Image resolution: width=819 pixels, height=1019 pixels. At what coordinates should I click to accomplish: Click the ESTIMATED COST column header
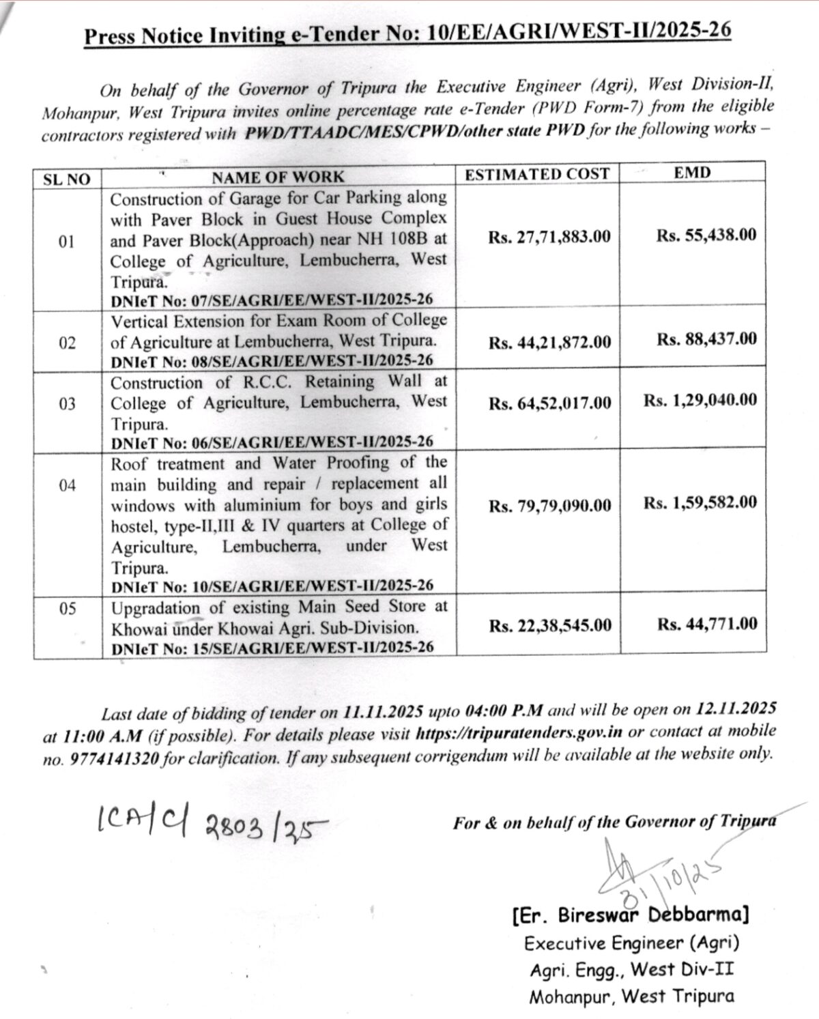[x=536, y=174]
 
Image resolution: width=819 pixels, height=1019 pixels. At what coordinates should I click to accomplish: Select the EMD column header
[x=692, y=173]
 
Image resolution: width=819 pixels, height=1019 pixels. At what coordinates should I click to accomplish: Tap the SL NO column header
[x=66, y=179]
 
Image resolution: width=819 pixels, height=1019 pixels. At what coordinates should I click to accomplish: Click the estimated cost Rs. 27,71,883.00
[x=549, y=237]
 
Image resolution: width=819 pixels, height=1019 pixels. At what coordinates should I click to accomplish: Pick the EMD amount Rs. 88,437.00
[x=706, y=339]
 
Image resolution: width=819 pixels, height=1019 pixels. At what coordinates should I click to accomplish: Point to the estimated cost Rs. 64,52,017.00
[x=549, y=403]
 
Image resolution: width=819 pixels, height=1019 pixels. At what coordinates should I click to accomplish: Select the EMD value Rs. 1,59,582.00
[x=700, y=502]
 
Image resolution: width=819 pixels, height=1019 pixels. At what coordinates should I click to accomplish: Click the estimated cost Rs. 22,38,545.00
[x=550, y=625]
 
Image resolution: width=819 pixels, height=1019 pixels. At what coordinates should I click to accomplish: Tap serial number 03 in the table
[x=67, y=404]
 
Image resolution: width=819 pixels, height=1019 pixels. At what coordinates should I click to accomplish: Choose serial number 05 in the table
[x=67, y=609]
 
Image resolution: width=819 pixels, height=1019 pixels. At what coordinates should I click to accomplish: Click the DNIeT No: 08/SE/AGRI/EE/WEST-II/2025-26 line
[x=272, y=361]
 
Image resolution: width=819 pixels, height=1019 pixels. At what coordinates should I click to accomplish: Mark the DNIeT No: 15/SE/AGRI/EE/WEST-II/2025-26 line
[x=272, y=647]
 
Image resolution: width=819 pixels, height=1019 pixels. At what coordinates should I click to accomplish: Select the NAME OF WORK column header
[x=278, y=177]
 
